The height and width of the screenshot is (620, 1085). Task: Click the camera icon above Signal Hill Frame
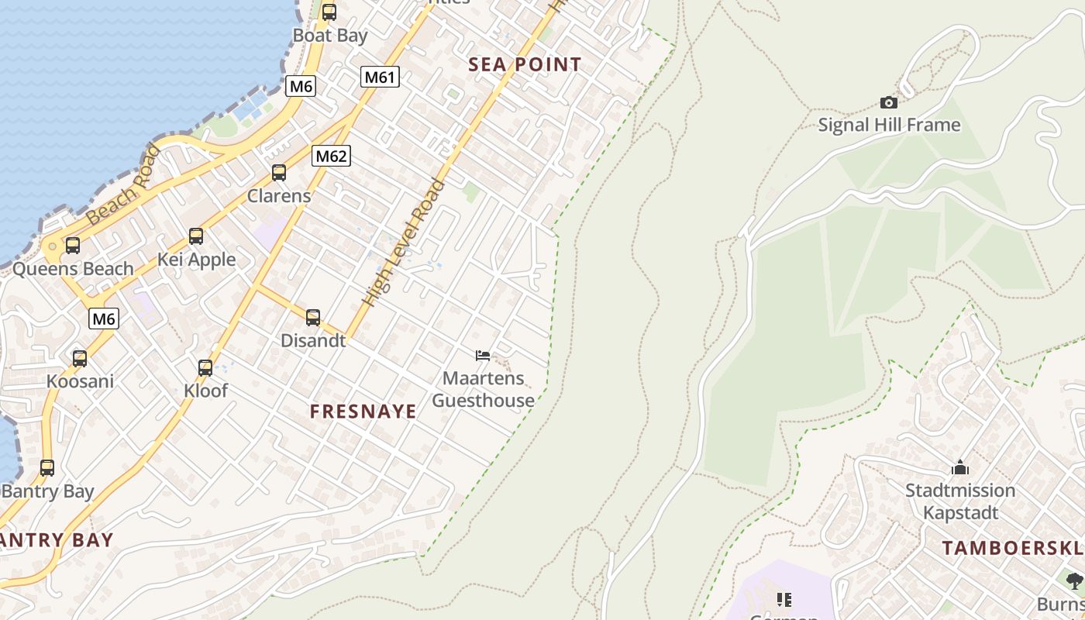[889, 102]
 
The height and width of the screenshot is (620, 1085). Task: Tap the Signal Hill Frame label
[889, 125]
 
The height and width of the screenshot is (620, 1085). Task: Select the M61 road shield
[380, 77]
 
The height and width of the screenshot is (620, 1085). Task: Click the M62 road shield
[331, 156]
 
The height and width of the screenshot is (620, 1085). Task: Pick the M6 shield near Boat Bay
[300, 86]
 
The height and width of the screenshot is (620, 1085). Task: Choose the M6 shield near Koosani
[104, 318]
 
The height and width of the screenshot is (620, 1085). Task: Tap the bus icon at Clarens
[279, 173]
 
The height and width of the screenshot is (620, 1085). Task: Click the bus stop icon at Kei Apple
[196, 236]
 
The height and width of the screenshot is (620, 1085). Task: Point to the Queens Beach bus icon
[72, 246]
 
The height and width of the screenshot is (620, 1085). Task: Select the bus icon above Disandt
[313, 317]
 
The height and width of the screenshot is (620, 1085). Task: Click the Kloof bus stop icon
[205, 368]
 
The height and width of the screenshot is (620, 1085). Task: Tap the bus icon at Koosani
[80, 359]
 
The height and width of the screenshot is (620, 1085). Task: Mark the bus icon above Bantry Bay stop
[47, 468]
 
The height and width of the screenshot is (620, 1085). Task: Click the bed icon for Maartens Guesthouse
[483, 356]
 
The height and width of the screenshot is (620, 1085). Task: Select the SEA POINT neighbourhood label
[525, 65]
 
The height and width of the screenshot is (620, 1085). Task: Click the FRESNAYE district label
[363, 412]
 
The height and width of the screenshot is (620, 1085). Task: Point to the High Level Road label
[405, 243]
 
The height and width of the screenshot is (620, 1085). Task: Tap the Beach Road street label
[123, 186]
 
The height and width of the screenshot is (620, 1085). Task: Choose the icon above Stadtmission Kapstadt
[960, 468]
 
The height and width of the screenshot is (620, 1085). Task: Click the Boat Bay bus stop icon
[329, 12]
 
